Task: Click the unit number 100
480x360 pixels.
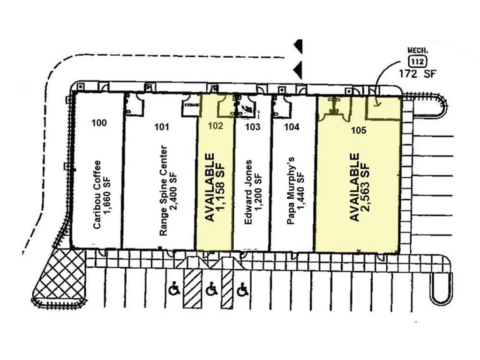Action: point(99,123)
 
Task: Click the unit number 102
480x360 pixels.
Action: point(215,126)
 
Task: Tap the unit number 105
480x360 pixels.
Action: point(359,131)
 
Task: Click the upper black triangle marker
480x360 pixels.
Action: point(298,46)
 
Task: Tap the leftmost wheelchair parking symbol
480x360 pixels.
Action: point(174,290)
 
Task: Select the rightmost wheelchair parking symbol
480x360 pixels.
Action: point(242,290)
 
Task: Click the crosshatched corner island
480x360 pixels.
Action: point(60,279)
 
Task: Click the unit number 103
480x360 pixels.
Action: point(253,127)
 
